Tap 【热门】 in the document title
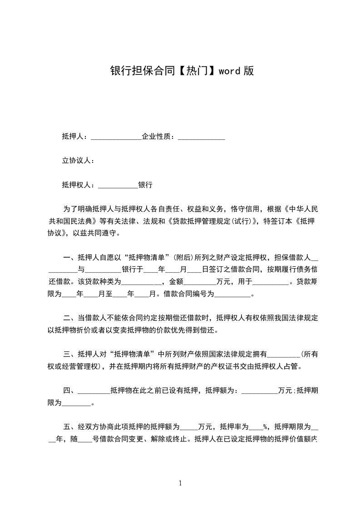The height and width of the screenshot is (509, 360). pyautogui.click(x=196, y=71)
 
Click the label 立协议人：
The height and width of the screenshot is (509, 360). pyautogui.click(x=78, y=161)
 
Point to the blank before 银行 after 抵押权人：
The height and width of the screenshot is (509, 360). pyautogui.click(x=118, y=185)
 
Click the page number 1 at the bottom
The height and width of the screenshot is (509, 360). pyautogui.click(x=180, y=483)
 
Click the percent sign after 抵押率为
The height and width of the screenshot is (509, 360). pyautogui.click(x=264, y=427)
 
